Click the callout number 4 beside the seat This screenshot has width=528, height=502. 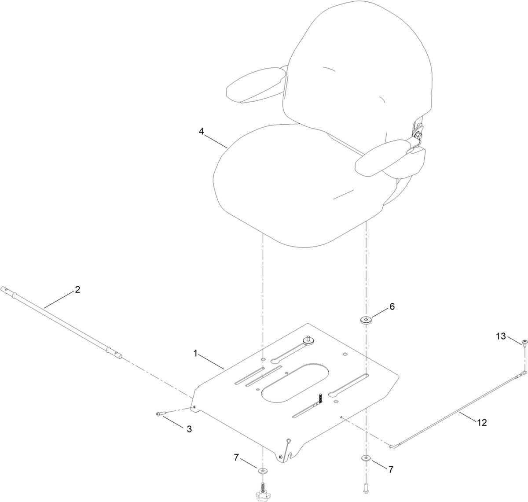click(202, 132)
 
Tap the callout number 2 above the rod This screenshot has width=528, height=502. click(77, 290)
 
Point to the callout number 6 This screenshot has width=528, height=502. click(392, 306)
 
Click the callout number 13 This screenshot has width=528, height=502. click(501, 336)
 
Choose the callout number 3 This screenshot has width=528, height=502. click(189, 429)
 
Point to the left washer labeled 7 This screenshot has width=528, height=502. click(263, 471)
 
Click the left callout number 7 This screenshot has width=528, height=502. click(236, 458)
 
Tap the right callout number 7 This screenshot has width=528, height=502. click(391, 470)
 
